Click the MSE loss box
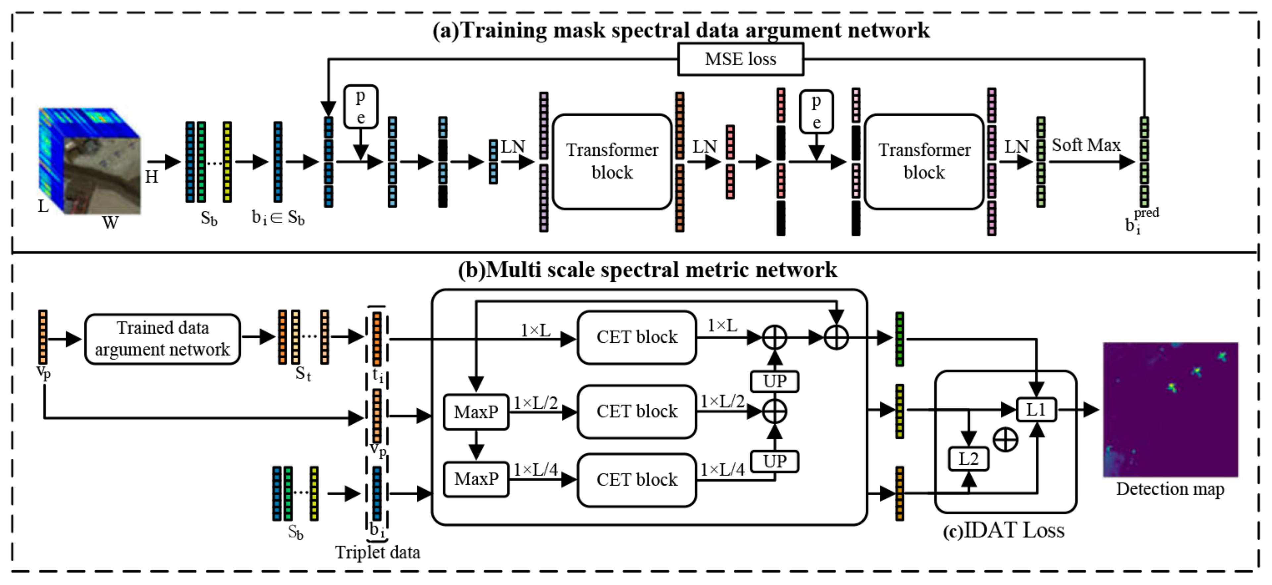click(740, 59)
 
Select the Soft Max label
click(1086, 145)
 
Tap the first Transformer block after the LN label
click(612, 161)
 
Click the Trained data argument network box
click(162, 339)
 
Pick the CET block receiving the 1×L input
click(636, 337)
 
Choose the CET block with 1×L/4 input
click(636, 479)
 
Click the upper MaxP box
click(476, 412)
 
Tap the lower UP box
click(774, 461)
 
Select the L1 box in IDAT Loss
click(1036, 410)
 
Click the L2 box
click(968, 459)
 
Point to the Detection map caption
click(1170, 489)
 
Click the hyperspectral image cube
click(90, 160)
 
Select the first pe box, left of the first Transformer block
click(360, 107)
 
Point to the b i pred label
click(1140, 220)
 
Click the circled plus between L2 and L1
click(1005, 439)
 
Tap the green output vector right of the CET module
click(900, 339)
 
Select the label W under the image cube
click(110, 223)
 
